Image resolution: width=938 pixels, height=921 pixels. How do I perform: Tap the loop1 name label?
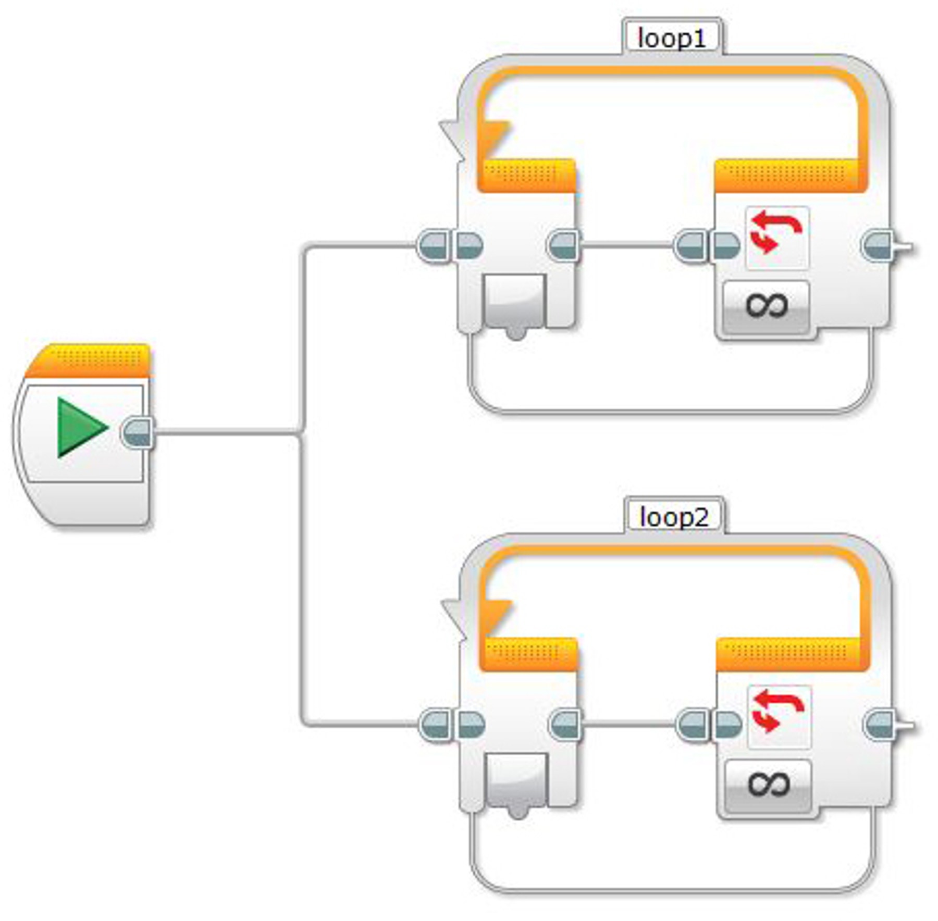pyautogui.click(x=672, y=39)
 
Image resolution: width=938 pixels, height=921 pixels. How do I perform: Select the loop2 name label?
pyautogui.click(x=674, y=517)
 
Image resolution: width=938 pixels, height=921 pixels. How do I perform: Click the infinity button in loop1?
pyautogui.click(x=766, y=305)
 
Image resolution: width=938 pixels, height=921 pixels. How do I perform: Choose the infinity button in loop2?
pyautogui.click(x=769, y=784)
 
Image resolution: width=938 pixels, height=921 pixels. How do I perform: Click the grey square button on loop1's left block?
pyautogui.click(x=514, y=300)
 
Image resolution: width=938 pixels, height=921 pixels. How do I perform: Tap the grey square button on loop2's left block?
pyautogui.click(x=516, y=779)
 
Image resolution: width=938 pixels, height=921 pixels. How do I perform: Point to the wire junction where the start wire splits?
pyautogui.click(x=301, y=432)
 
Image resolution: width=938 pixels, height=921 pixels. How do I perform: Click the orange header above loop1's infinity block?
pyautogui.click(x=787, y=175)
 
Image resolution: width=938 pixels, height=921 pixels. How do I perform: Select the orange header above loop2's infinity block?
pyautogui.click(x=789, y=654)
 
